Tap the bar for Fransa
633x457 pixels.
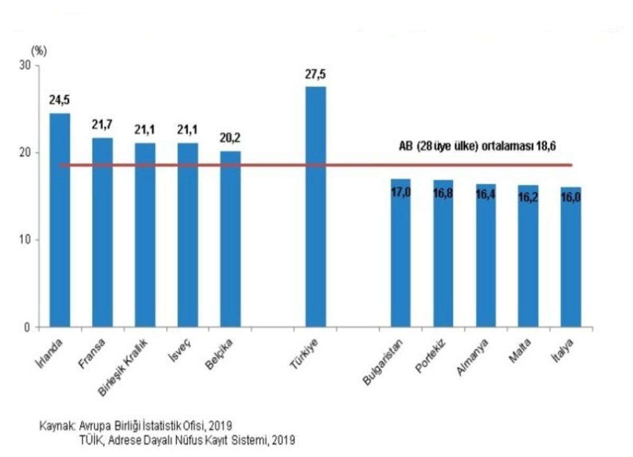[102, 232]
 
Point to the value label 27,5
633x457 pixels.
[315, 74]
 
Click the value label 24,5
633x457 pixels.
[60, 100]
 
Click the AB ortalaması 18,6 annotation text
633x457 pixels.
[485, 146]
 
